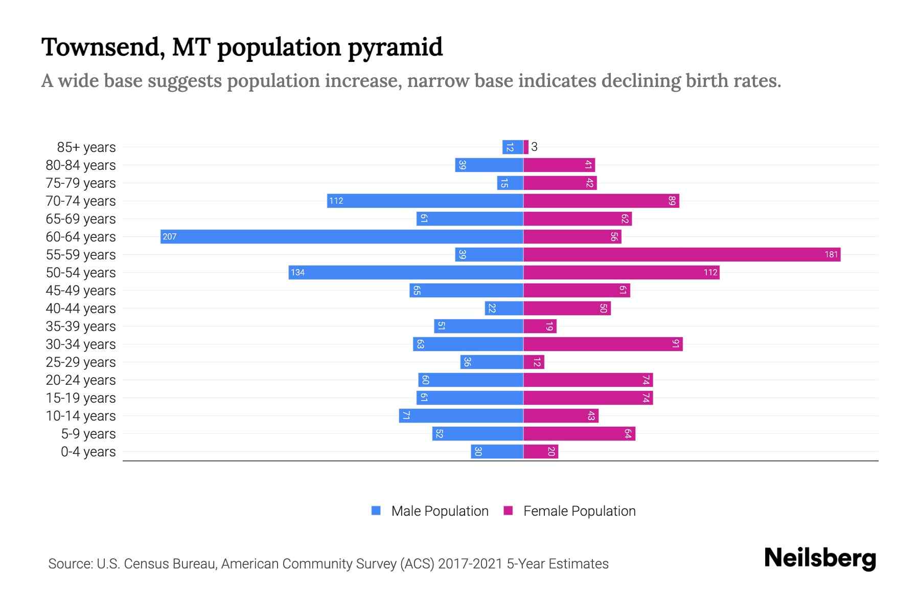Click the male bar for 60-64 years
coord(341,236)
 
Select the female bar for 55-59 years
coord(682,254)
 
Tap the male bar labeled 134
coord(406,272)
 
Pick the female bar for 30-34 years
coord(603,344)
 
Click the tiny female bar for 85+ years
coord(526,147)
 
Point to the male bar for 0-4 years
coord(497,451)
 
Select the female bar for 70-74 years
coord(601,201)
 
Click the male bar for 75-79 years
coord(510,183)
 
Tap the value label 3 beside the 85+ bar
coord(534,147)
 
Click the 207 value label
coord(170,236)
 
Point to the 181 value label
coord(831,254)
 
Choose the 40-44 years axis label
coord(81,308)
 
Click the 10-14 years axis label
coord(81,415)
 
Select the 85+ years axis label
coord(86,147)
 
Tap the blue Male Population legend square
coord(376,511)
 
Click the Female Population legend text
coord(579,511)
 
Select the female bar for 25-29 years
coord(534,362)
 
